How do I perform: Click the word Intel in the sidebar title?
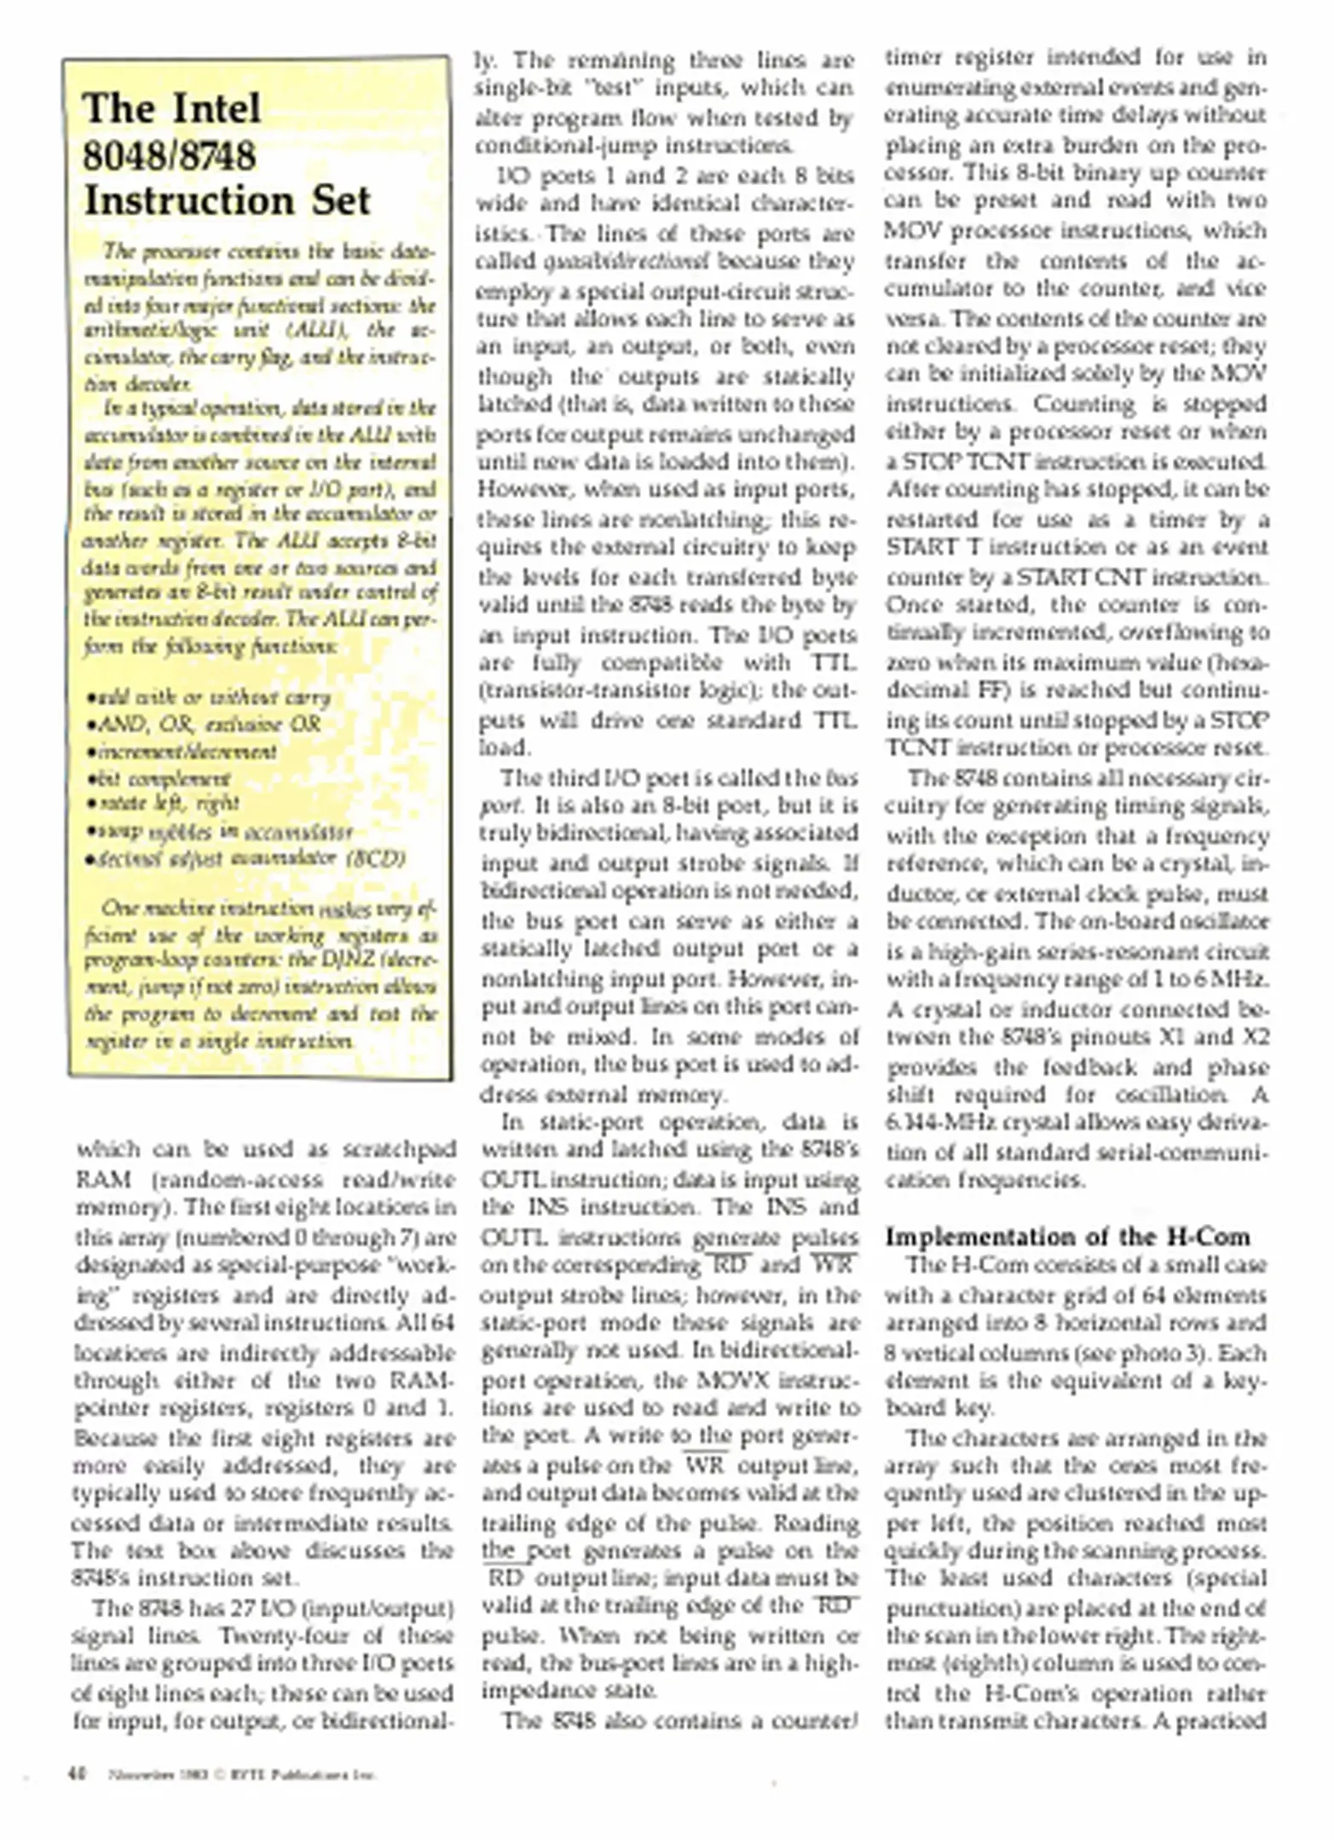pos(216,109)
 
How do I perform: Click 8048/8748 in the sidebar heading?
pos(170,156)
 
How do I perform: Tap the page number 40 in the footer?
pos(77,1775)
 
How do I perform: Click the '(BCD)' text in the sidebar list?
pos(376,857)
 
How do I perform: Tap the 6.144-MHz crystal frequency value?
pos(937,1123)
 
